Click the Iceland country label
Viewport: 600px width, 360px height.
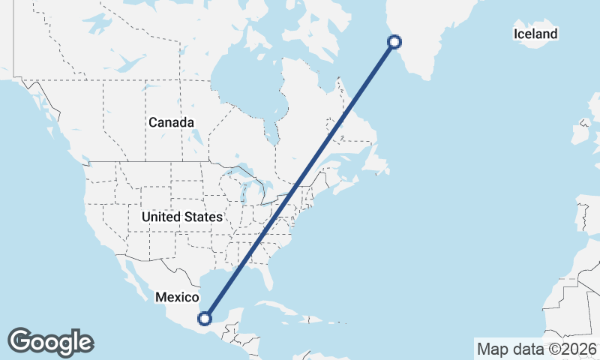[x=535, y=34]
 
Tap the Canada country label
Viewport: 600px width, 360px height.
[x=171, y=122]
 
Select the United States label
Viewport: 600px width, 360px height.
[x=182, y=217]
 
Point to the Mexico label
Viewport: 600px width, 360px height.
[x=177, y=297]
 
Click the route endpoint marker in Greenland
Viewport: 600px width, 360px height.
[x=394, y=42]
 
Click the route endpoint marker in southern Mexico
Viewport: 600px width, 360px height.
[x=204, y=319]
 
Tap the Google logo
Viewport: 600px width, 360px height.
[x=51, y=342]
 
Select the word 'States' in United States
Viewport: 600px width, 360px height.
[x=203, y=217]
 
